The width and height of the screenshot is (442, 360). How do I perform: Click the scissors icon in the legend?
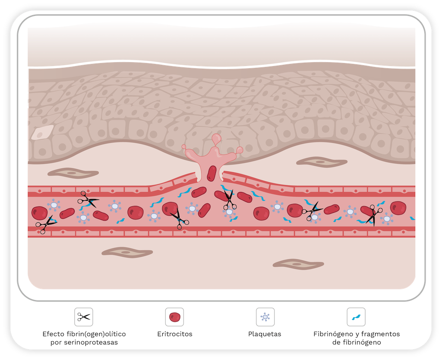pos(84,317)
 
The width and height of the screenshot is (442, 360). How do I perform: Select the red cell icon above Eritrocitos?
pos(174,317)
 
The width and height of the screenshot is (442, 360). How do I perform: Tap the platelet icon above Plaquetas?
pos(265,317)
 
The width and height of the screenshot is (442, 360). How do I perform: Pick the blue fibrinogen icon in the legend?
pos(356,317)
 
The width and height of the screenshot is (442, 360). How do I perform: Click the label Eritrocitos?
pos(175,334)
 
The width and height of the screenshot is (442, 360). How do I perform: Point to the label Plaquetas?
pos(265,334)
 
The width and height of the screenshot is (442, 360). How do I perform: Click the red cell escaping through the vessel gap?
pos(212,174)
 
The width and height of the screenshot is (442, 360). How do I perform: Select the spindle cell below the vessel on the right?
pos(298,264)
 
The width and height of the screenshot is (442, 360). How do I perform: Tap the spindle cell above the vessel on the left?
pos(73,173)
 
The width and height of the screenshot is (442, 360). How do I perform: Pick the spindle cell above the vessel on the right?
pos(322,162)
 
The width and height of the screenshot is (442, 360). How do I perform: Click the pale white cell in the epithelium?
pos(42,132)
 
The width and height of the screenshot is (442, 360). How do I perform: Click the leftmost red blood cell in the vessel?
pos(39,213)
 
